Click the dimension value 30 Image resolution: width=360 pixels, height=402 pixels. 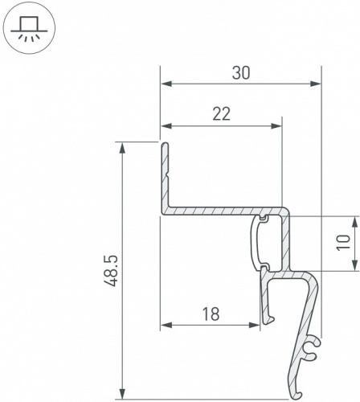pyautogui.click(x=240, y=72)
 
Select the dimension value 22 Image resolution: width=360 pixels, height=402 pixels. pyautogui.click(x=222, y=114)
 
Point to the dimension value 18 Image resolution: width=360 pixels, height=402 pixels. pyautogui.click(x=211, y=314)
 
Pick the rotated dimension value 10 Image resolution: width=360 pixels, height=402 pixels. pyautogui.click(x=343, y=243)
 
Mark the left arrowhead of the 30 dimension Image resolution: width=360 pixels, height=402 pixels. pyautogui.click(x=165, y=83)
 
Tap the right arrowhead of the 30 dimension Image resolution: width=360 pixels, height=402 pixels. pyautogui.click(x=317, y=83)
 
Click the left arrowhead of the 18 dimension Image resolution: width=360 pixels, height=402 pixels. pyautogui.click(x=165, y=325)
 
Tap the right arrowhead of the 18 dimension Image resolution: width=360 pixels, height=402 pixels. pyautogui.click(x=256, y=325)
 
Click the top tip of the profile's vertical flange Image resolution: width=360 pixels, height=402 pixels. pyautogui.click(x=163, y=145)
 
